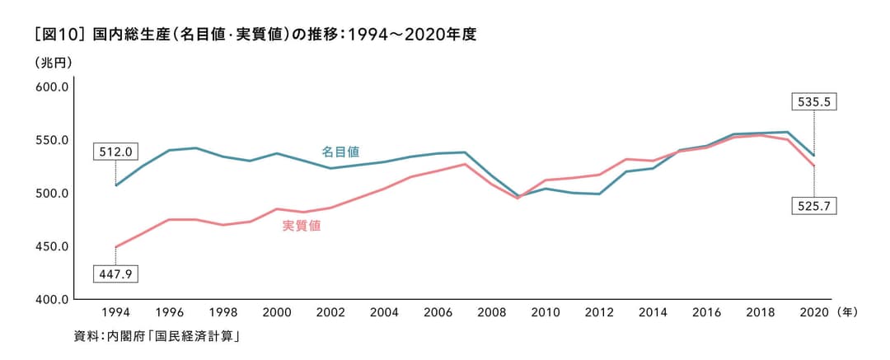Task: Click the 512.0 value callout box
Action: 116,152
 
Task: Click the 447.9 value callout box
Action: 115,273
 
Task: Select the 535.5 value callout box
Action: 813,102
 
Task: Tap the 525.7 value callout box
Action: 813,206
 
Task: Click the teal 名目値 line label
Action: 340,152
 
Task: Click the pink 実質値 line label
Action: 302,226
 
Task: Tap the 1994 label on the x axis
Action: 116,313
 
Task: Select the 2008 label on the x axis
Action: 491,313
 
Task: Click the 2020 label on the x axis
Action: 813,313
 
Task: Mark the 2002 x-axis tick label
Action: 330,313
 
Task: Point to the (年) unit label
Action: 849,313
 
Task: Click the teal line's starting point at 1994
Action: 116,185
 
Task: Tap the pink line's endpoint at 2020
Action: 813,166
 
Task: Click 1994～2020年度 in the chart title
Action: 413,35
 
